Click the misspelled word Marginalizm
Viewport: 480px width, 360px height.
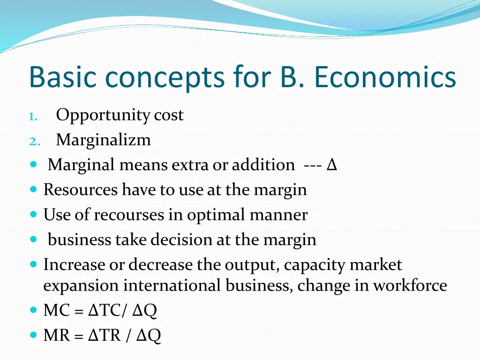[x=103, y=140]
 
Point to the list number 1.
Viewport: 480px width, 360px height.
[x=31, y=116]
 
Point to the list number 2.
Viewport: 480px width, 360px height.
[x=31, y=141]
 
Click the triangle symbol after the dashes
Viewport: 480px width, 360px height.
[x=332, y=165]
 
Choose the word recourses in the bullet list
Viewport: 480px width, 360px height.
[x=138, y=215]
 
